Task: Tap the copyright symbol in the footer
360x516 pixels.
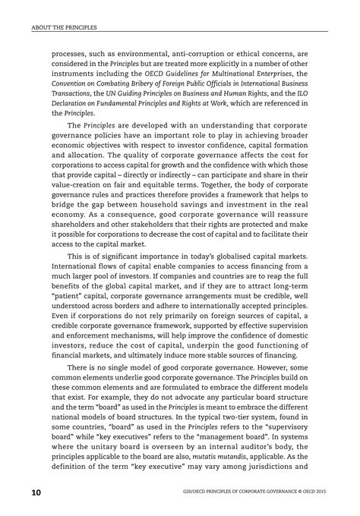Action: pos(291,494)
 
